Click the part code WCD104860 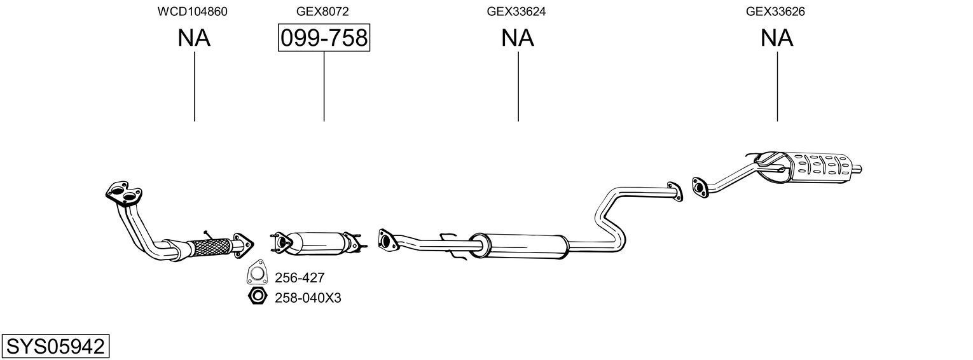(x=193, y=11)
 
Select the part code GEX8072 (x=322, y=11)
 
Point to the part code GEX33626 (x=776, y=11)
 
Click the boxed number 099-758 (x=324, y=38)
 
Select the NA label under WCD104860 (x=194, y=38)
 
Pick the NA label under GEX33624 (x=518, y=38)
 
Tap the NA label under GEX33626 (x=776, y=38)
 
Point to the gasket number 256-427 (x=300, y=277)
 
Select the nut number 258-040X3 (x=308, y=297)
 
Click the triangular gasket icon (x=256, y=273)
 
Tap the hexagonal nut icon (x=256, y=296)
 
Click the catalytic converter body (x=318, y=242)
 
